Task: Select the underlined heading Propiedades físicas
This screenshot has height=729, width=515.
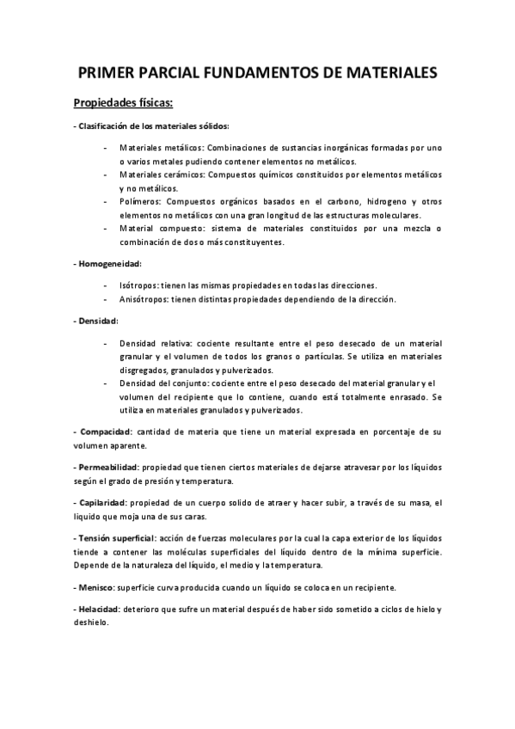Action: click(x=124, y=105)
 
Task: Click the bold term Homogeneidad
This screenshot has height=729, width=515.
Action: click(x=110, y=263)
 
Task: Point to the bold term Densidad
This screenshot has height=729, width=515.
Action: click(x=98, y=320)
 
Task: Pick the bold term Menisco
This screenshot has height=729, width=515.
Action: click(x=97, y=587)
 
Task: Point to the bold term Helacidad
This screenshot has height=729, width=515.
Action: click(x=101, y=610)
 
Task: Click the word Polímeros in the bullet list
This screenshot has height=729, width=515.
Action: click(x=139, y=200)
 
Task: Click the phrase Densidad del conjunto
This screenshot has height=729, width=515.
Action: click(x=164, y=383)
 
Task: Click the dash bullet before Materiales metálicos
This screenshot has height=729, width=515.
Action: click(x=105, y=147)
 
